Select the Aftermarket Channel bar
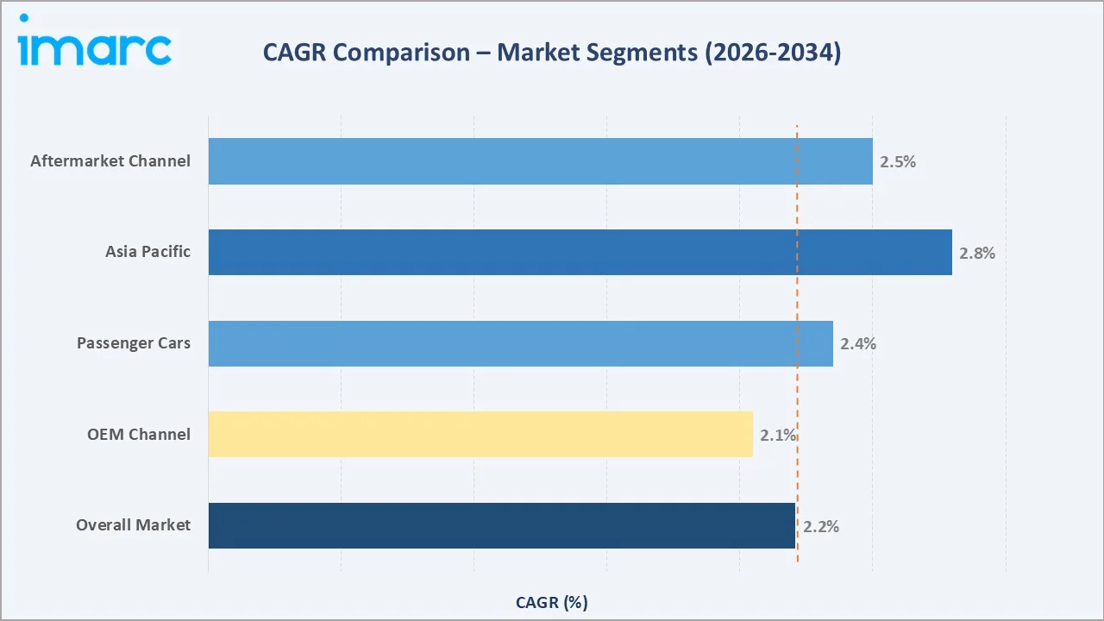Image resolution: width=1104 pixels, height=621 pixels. (x=540, y=161)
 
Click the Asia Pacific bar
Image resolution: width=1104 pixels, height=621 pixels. (x=580, y=253)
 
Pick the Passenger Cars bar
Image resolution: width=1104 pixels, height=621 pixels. (x=520, y=343)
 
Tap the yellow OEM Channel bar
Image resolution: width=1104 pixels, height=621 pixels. (x=480, y=434)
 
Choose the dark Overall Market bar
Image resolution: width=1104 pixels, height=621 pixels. (x=501, y=525)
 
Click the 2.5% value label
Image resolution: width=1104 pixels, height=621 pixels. (x=898, y=161)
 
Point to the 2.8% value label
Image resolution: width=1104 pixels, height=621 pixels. (x=977, y=253)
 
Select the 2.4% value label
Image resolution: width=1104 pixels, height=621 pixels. (x=858, y=343)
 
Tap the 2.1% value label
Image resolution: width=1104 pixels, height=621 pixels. (x=778, y=435)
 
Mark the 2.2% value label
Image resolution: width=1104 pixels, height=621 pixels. (x=821, y=526)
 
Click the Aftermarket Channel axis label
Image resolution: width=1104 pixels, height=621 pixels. (x=110, y=161)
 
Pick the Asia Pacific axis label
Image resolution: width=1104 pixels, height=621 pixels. (x=147, y=252)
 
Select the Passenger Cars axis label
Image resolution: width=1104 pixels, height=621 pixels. (x=134, y=343)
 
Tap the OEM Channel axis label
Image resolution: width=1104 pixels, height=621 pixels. (x=139, y=434)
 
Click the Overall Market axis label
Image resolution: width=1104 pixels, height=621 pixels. (x=133, y=525)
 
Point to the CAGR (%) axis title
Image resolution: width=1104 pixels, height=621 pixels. (x=551, y=602)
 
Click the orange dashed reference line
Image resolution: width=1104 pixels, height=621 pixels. (x=797, y=388)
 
